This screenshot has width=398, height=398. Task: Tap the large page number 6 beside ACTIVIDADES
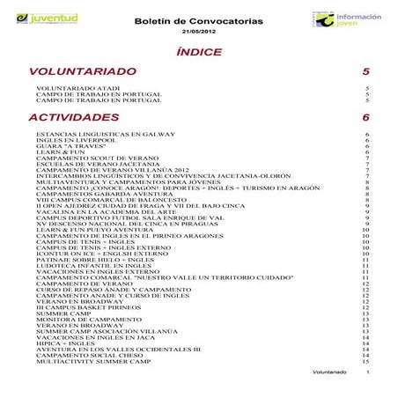[x=365, y=116]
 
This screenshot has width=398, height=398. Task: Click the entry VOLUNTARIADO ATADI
[x=70, y=88]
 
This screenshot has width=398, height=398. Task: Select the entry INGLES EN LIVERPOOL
[x=70, y=139]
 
